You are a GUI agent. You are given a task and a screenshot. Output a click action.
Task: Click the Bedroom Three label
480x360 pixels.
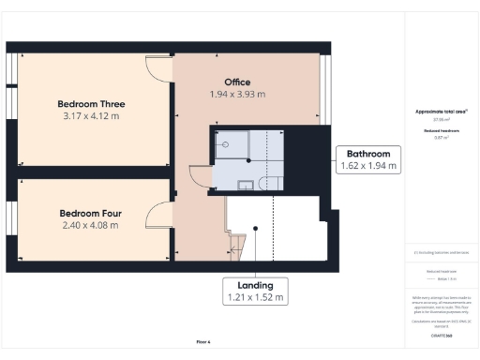pos(91,104)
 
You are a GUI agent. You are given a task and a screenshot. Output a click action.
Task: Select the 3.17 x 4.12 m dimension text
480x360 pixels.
pos(91,116)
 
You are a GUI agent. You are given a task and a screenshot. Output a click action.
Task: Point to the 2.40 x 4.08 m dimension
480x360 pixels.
pos(90,225)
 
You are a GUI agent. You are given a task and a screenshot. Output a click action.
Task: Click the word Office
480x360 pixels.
pos(237,82)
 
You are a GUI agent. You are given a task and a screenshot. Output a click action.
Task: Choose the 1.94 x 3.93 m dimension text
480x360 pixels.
pos(237,94)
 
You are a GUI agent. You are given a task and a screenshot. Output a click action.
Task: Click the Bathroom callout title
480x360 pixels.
pos(368,153)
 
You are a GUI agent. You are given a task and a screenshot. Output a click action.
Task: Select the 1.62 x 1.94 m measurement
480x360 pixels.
pos(368,166)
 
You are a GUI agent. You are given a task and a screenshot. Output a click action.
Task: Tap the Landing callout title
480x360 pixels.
pos(254,284)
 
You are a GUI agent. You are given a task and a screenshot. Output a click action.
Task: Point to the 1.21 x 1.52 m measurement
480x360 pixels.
pos(254,297)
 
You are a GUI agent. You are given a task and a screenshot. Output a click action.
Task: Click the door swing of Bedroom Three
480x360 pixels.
pos(157,67)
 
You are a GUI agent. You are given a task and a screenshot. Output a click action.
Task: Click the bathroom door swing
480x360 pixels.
pos(199,176)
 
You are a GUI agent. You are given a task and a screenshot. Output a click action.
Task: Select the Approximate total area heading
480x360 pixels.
pos(442,112)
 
